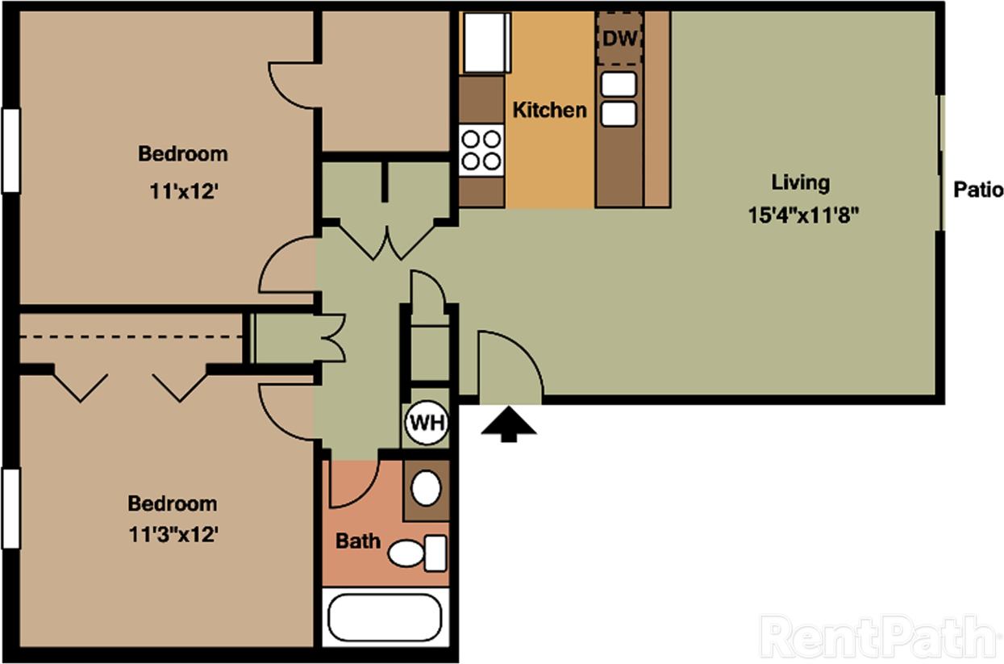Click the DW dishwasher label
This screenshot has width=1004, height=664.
click(x=619, y=39)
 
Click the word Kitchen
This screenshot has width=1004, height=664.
click(x=550, y=110)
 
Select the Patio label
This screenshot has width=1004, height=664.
click(x=978, y=190)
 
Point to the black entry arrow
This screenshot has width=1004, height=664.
click(x=508, y=424)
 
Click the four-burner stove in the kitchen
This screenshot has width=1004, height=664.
click(x=481, y=151)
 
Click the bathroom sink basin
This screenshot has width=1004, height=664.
click(x=426, y=488)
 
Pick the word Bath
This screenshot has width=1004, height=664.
click(x=358, y=540)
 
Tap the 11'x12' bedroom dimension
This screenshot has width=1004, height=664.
click(x=183, y=191)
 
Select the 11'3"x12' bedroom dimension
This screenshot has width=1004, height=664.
click(x=173, y=533)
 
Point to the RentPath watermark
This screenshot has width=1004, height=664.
click(x=877, y=637)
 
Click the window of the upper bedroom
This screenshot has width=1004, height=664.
click(x=10, y=150)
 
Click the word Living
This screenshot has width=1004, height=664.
click(x=800, y=182)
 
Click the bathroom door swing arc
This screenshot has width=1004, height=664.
click(x=352, y=484)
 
